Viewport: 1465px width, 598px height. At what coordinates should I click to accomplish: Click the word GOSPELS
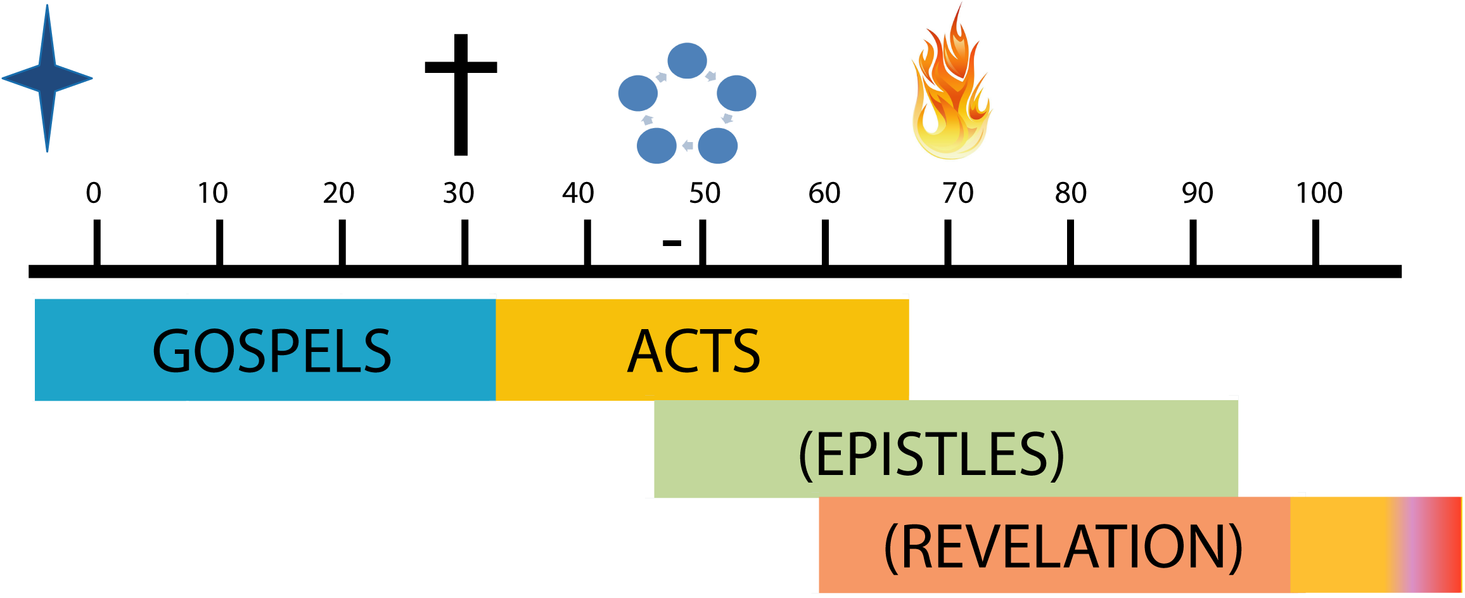[272, 351]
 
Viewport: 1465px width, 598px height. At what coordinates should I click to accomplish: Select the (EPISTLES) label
[931, 454]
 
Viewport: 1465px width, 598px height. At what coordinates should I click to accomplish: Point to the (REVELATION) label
[1063, 547]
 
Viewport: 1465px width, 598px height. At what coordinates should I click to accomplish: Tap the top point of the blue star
[47, 8]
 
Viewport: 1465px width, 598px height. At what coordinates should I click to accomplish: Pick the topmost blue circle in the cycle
[687, 61]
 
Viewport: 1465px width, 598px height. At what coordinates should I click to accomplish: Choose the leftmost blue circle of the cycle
[637, 93]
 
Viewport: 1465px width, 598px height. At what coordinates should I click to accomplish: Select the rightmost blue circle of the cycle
[736, 93]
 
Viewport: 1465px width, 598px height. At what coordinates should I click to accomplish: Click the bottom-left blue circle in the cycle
[656, 145]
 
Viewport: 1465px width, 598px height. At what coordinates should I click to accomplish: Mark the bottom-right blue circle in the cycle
[717, 145]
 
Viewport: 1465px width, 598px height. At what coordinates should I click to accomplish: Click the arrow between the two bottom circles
[688, 146]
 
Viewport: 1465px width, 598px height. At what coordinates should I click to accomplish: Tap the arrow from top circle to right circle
[711, 76]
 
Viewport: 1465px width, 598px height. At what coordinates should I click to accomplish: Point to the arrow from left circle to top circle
[662, 77]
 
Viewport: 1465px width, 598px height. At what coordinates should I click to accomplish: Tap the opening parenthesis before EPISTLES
[805, 455]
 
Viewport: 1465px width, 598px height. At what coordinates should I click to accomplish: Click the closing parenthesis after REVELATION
[1234, 549]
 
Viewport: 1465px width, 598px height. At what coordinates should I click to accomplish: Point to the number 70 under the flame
[957, 190]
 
